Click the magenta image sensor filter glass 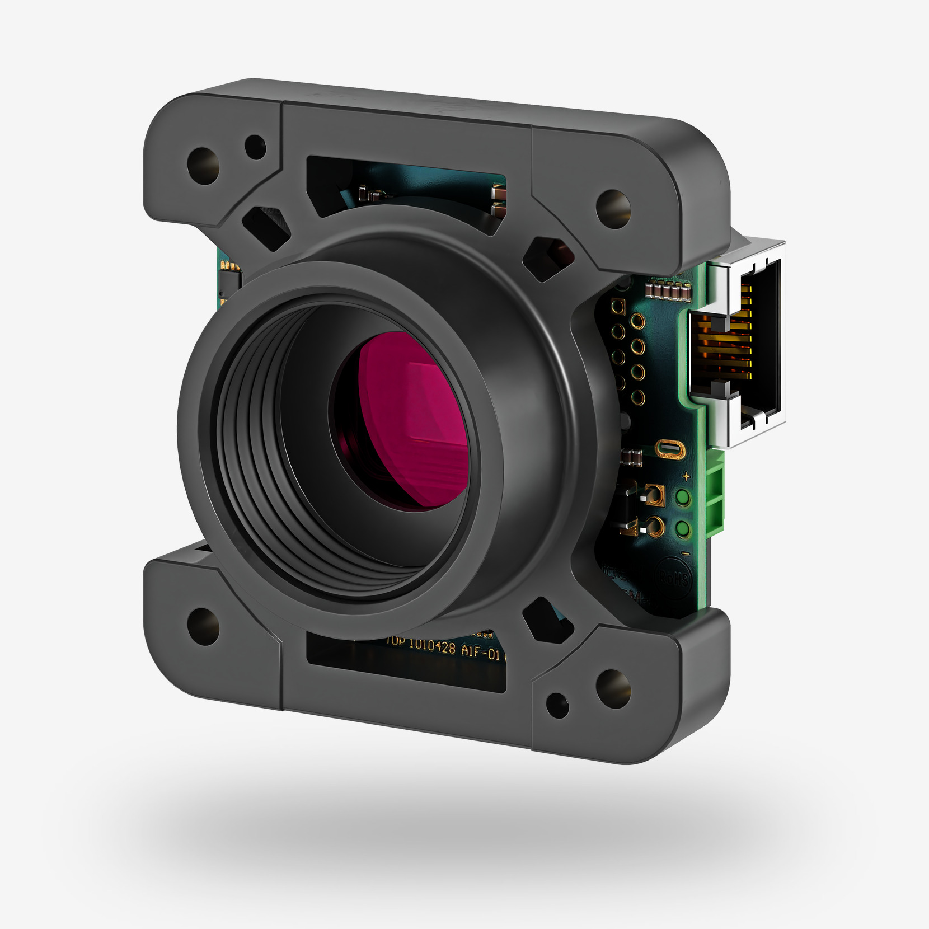[414, 420]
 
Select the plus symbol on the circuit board [686, 477]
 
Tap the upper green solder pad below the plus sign [683, 497]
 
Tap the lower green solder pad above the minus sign [683, 528]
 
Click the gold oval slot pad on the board [670, 449]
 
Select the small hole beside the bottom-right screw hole [557, 705]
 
